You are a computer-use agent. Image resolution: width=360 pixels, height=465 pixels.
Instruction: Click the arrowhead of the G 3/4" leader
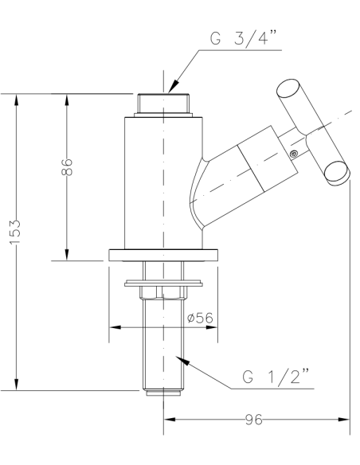(x=173, y=85)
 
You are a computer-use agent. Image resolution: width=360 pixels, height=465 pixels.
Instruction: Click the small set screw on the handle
(x=293, y=154)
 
